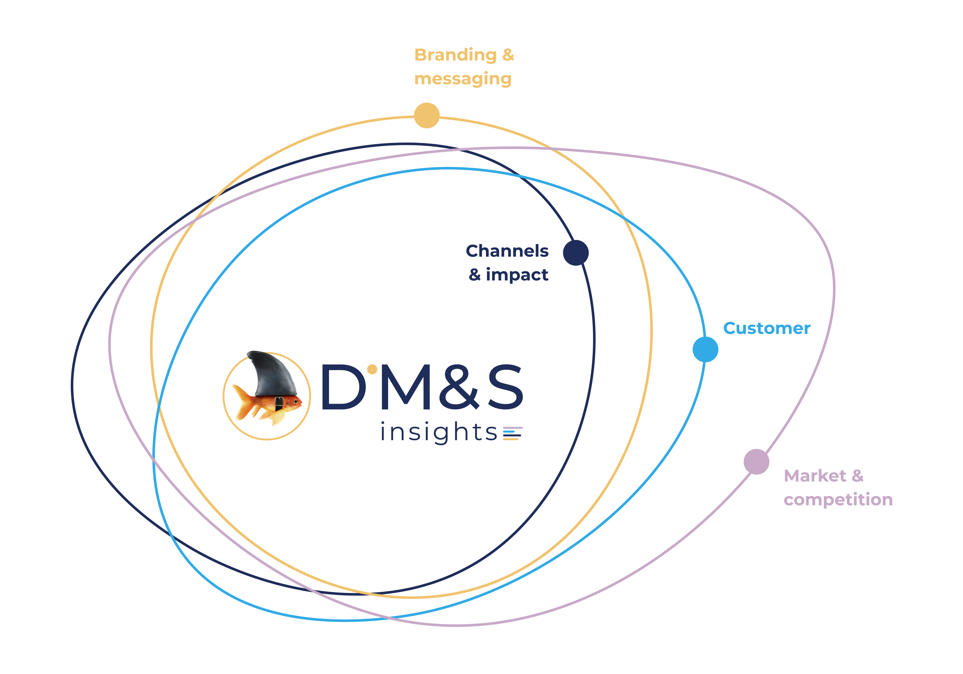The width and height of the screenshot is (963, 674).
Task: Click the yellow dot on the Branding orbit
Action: tap(427, 115)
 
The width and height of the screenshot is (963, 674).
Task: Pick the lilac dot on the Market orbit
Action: tap(756, 462)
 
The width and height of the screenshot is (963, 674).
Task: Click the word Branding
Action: tap(455, 55)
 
